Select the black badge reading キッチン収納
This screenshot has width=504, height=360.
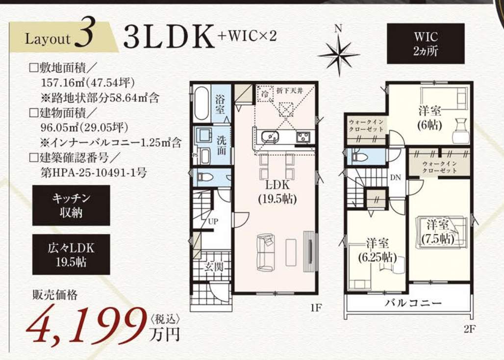click(x=71, y=206)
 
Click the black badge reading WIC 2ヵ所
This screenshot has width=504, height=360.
click(x=426, y=44)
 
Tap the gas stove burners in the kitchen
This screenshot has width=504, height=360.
click(x=303, y=137)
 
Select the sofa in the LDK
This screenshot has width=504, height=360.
click(x=266, y=253)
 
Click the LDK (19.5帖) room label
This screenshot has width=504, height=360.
click(x=277, y=192)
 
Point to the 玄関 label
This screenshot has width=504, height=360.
click(x=214, y=266)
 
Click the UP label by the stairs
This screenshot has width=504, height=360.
click(x=213, y=222)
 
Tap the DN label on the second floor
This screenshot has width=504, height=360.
click(x=396, y=177)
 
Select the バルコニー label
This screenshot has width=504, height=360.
click(x=413, y=303)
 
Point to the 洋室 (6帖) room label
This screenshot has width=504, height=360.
click(x=429, y=118)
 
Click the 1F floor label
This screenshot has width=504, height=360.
click(x=316, y=308)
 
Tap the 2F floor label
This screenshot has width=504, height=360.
click(x=469, y=329)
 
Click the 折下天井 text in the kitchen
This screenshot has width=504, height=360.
click(x=290, y=91)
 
